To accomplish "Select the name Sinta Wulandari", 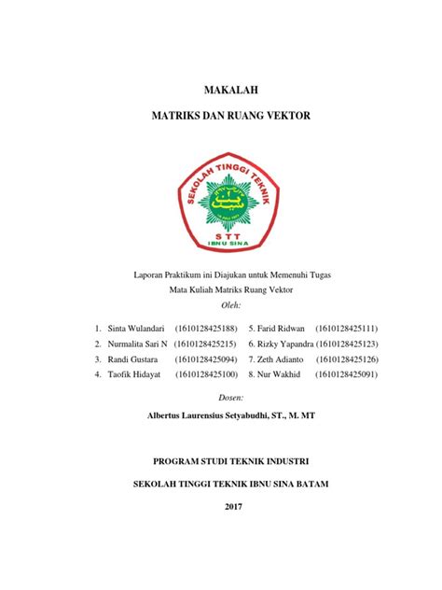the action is pyautogui.click(x=137, y=329).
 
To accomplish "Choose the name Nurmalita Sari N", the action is pyautogui.click(x=137, y=344).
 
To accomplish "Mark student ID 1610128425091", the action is pyautogui.click(x=347, y=373).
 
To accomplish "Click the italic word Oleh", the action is pyautogui.click(x=228, y=305).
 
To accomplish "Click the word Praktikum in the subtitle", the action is pyautogui.click(x=186, y=275).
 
